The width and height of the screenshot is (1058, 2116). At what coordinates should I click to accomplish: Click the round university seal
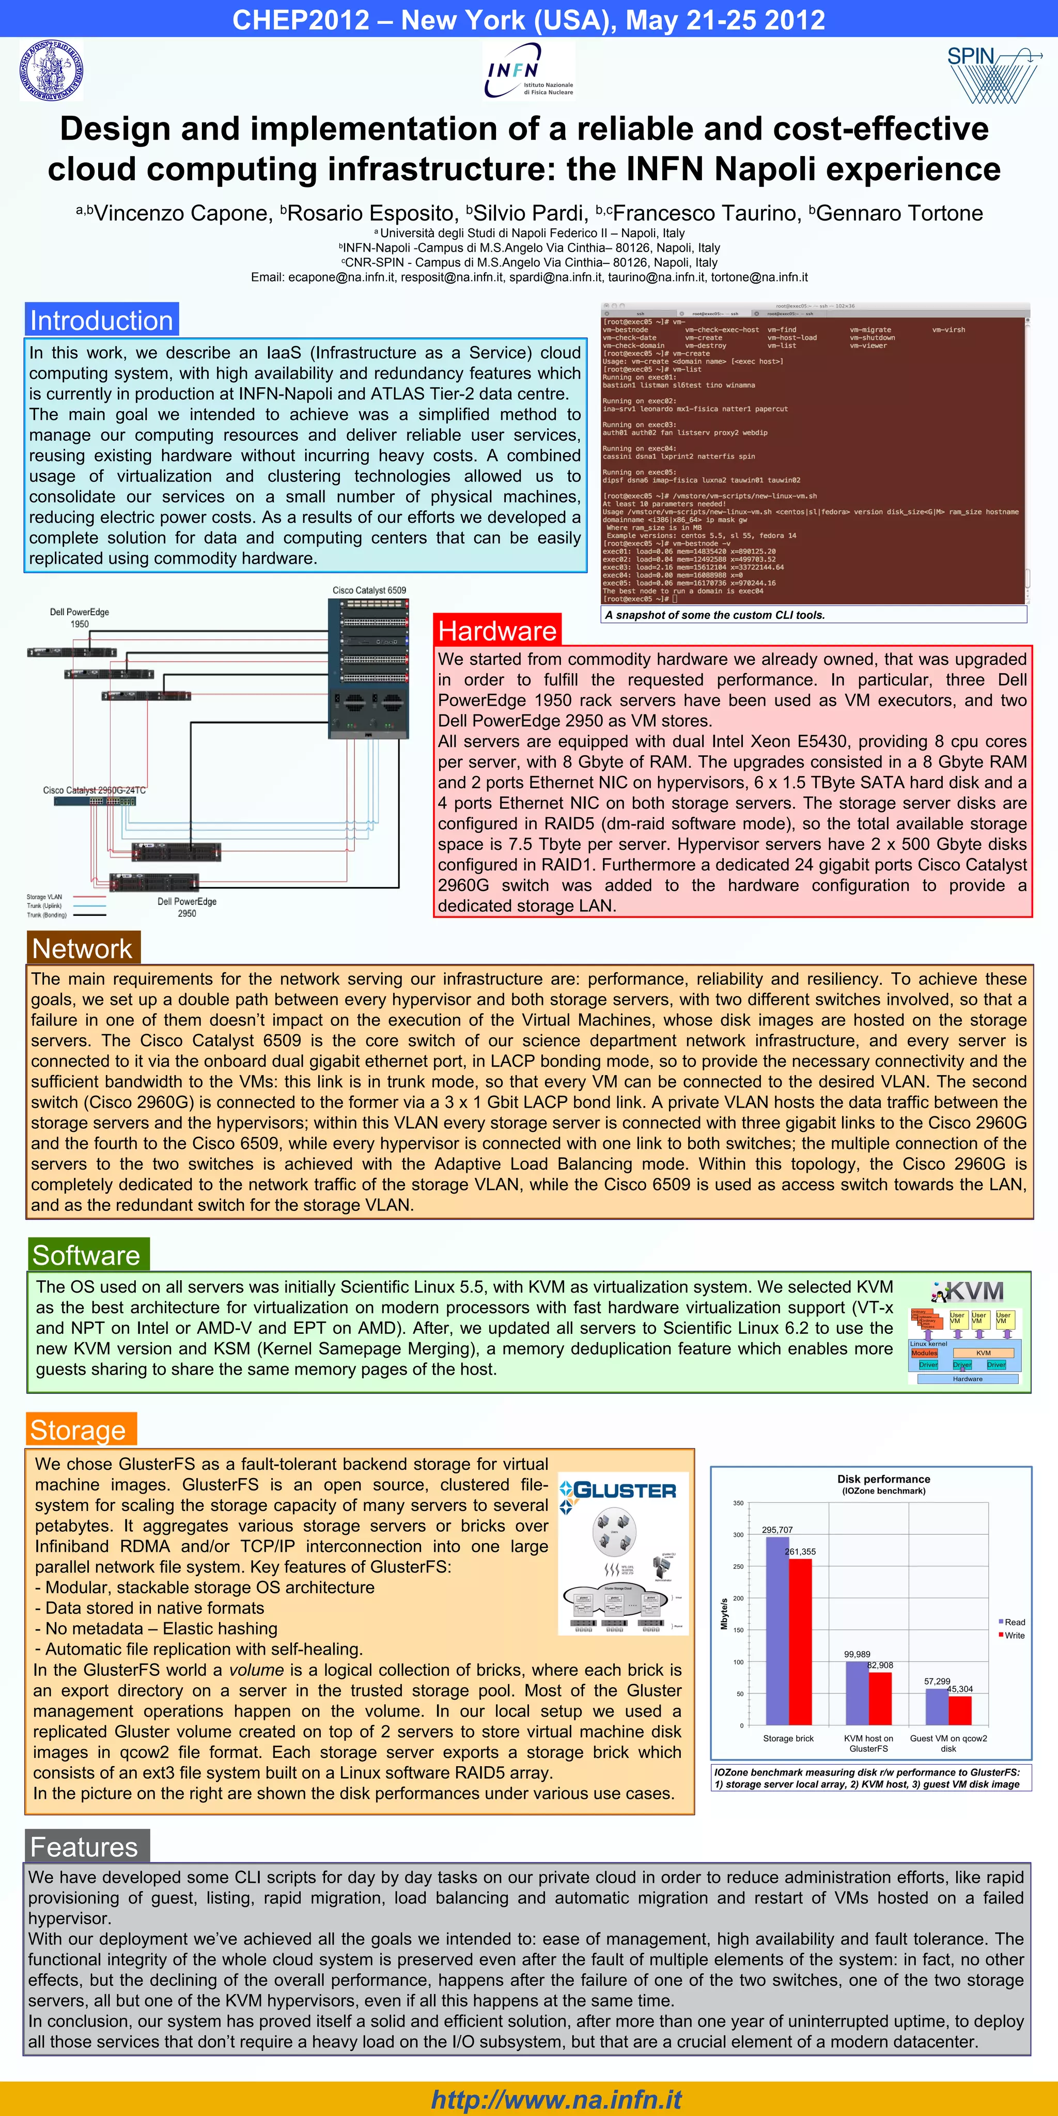52,70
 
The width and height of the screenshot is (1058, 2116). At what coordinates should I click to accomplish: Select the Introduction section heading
102,320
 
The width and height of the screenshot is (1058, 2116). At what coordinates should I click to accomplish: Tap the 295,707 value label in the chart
777,1530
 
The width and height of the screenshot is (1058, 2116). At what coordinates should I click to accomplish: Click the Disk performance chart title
884,1479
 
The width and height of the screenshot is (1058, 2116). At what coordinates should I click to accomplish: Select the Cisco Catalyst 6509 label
369,590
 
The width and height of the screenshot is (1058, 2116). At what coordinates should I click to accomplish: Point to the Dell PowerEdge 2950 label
188,907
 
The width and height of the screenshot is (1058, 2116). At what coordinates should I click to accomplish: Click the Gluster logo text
624,1490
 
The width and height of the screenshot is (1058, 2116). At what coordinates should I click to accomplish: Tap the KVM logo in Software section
969,1292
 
